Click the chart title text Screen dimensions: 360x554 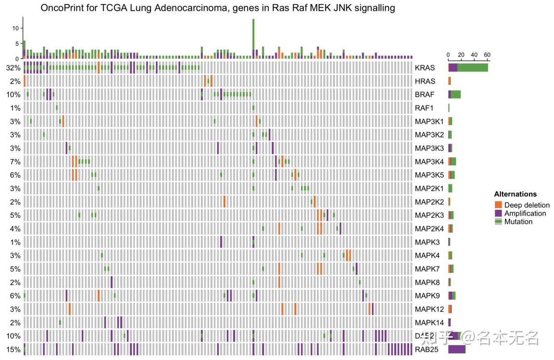(x=218, y=8)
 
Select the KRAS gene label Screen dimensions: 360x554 (x=424, y=68)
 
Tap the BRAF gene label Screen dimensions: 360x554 (x=424, y=95)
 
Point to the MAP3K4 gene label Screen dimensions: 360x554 (x=429, y=162)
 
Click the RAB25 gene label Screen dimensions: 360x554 (x=426, y=349)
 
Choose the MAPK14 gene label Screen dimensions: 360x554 (x=429, y=322)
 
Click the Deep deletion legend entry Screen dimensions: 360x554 (x=527, y=205)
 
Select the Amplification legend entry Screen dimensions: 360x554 (x=525, y=213)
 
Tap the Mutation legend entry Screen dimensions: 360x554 (x=518, y=222)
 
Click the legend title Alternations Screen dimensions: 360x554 (x=515, y=194)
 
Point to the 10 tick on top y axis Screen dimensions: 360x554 (x=16, y=28)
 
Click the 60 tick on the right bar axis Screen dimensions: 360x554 (x=487, y=55)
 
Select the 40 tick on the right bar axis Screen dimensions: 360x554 (x=474, y=55)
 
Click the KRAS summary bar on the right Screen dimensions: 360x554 (x=468, y=68)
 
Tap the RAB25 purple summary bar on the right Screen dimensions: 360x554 (x=457, y=349)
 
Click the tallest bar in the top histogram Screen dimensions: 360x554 (x=253, y=38)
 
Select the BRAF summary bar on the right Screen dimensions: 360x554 (x=454, y=95)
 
